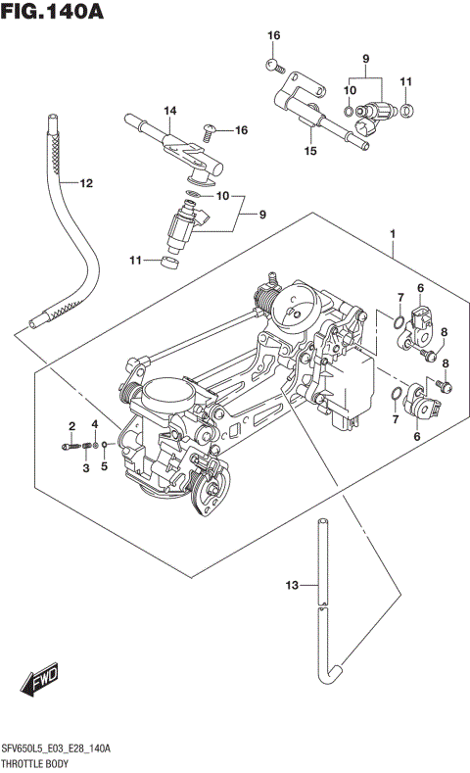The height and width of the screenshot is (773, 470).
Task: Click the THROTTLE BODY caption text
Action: pos(40,762)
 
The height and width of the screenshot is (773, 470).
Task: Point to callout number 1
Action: pos(393,234)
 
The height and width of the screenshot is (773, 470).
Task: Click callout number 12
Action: pos(86,183)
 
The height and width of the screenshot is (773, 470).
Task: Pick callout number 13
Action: pos(290,586)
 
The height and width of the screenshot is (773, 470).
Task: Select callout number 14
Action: pos(168,111)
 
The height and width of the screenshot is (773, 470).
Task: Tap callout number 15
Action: pos(310,152)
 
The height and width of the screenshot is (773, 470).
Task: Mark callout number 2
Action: pos(71,424)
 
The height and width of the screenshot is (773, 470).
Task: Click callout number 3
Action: pos(85,468)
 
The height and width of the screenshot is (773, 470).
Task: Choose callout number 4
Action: pos(95,424)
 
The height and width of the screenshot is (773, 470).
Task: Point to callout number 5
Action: pos(103,468)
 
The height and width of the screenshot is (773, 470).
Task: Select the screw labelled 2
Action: pos(70,447)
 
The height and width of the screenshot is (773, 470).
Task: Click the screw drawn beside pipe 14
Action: pos(210,127)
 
